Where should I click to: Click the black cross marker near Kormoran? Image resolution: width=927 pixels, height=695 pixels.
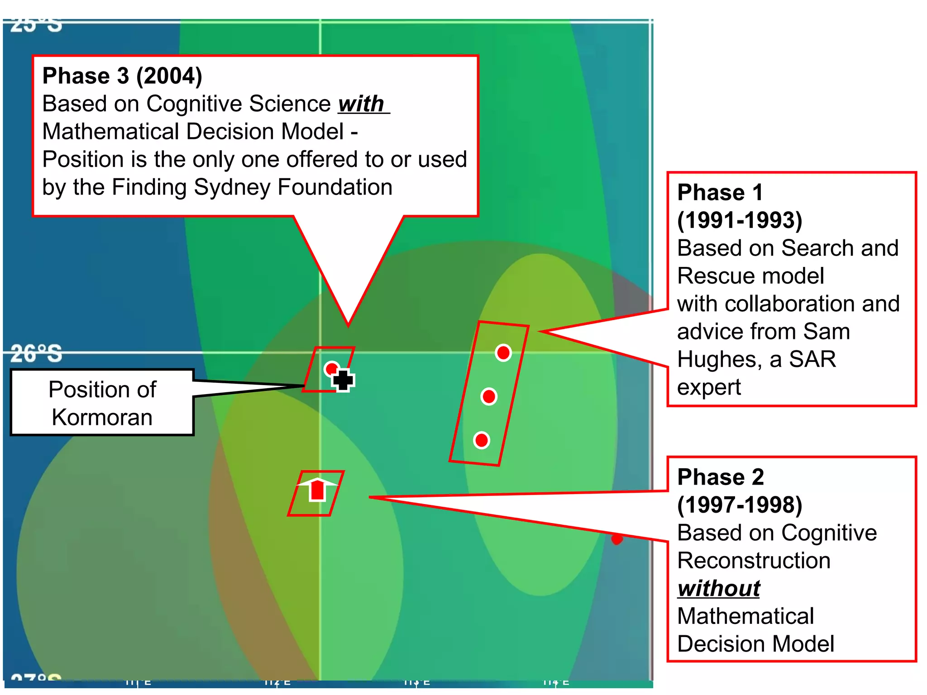coord(343,380)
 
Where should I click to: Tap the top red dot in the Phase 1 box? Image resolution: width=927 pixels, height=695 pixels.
coord(503,352)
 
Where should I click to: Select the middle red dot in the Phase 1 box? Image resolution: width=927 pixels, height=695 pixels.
coord(489,397)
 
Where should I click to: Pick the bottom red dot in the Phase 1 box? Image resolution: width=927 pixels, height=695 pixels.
coord(482,440)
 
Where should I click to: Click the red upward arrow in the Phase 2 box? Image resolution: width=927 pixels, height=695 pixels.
coord(318,490)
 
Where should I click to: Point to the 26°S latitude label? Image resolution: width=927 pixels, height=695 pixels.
coord(36,354)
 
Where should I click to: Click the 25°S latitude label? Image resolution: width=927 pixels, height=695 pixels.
coord(36,25)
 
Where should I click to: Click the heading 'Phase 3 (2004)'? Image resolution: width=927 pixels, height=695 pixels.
coord(122,76)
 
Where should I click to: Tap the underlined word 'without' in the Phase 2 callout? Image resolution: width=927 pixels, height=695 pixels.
coord(719,588)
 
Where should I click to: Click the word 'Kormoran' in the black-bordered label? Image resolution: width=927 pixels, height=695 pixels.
coord(102,417)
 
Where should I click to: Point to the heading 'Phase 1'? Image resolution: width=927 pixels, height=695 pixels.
coord(720,192)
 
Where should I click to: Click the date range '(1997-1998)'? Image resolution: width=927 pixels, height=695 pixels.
coord(740,505)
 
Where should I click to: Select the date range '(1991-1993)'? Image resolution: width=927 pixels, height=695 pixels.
coord(740,220)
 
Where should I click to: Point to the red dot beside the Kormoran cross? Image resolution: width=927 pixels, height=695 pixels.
coord(331,368)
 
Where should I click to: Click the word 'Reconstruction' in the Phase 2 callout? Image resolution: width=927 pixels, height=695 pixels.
coord(754,561)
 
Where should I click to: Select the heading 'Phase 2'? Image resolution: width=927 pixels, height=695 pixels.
coord(721,477)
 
